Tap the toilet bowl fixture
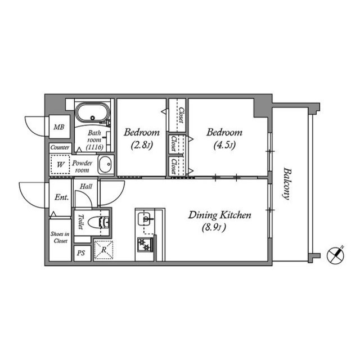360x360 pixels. pyautogui.click(x=102, y=222)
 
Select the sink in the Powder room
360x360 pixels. pyautogui.click(x=105, y=165)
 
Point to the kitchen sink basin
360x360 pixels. pyautogui.click(x=146, y=216)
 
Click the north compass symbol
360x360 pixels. pyautogui.click(x=336, y=254)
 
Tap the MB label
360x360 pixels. pyautogui.click(x=59, y=128)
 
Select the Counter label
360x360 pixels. pyautogui.click(x=60, y=147)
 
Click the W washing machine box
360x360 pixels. pyautogui.click(x=60, y=165)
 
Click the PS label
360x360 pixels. pyautogui.click(x=81, y=254)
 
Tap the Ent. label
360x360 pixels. pyautogui.click(x=61, y=197)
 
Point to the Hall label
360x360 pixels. pyautogui.click(x=86, y=186)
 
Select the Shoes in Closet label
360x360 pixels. pyautogui.click(x=60, y=237)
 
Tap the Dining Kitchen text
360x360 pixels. pyautogui.click(x=219, y=215)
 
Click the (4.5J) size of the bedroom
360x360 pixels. pyautogui.click(x=224, y=145)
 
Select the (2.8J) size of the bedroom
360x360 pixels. pyautogui.click(x=141, y=145)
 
